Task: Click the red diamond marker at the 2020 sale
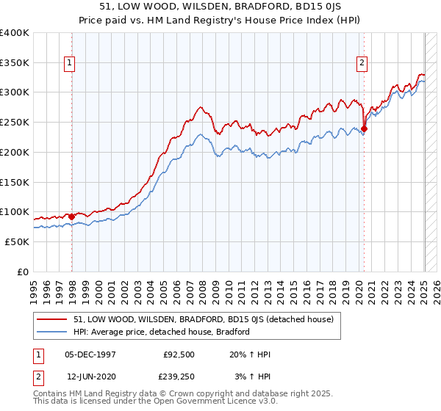(x=365, y=128)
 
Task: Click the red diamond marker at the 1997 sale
(x=71, y=217)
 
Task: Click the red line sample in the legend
(x=52, y=319)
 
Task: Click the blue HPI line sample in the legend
(x=52, y=332)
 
